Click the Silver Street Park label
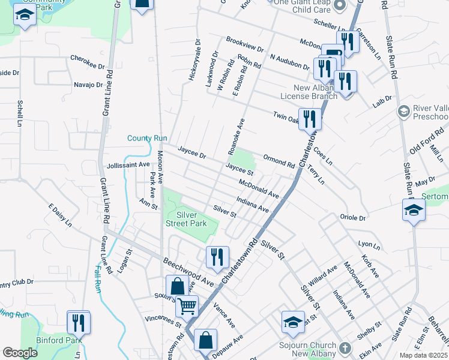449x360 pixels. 191,219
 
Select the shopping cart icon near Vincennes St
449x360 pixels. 187,306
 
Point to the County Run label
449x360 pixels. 147,138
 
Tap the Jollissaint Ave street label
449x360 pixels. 128,164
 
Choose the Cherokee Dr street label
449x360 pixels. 88,58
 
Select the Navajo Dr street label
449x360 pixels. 88,85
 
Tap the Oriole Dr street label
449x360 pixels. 353,217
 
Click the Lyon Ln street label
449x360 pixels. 369,245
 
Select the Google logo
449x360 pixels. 20,353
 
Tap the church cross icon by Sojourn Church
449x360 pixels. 345,348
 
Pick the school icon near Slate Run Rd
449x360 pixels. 414,210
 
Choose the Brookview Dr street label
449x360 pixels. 245,47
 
